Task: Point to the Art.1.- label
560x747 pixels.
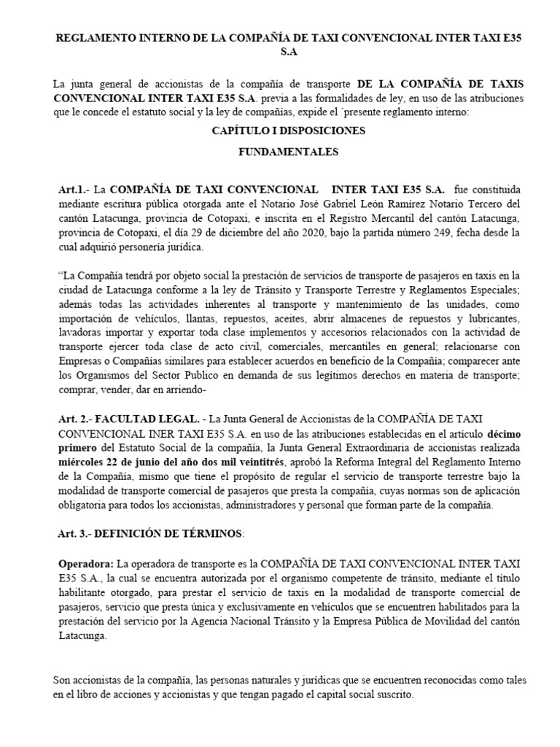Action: click(73, 188)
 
